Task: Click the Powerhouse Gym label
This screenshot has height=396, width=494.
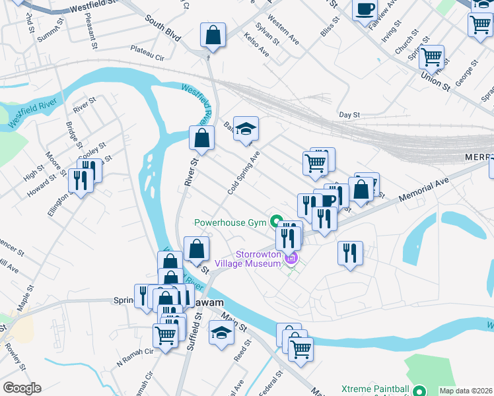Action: pyautogui.click(x=229, y=222)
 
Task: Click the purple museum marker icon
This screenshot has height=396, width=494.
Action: pyautogui.click(x=291, y=258)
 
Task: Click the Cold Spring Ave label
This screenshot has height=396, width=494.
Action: pyautogui.click(x=244, y=172)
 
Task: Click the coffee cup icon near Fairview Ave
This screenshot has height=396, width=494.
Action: pyautogui.click(x=365, y=10)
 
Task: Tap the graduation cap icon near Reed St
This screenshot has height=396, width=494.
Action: pyautogui.click(x=221, y=333)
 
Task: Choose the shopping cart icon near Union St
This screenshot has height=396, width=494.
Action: pyautogui.click(x=431, y=57)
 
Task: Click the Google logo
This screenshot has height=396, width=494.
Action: pyautogui.click(x=22, y=388)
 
